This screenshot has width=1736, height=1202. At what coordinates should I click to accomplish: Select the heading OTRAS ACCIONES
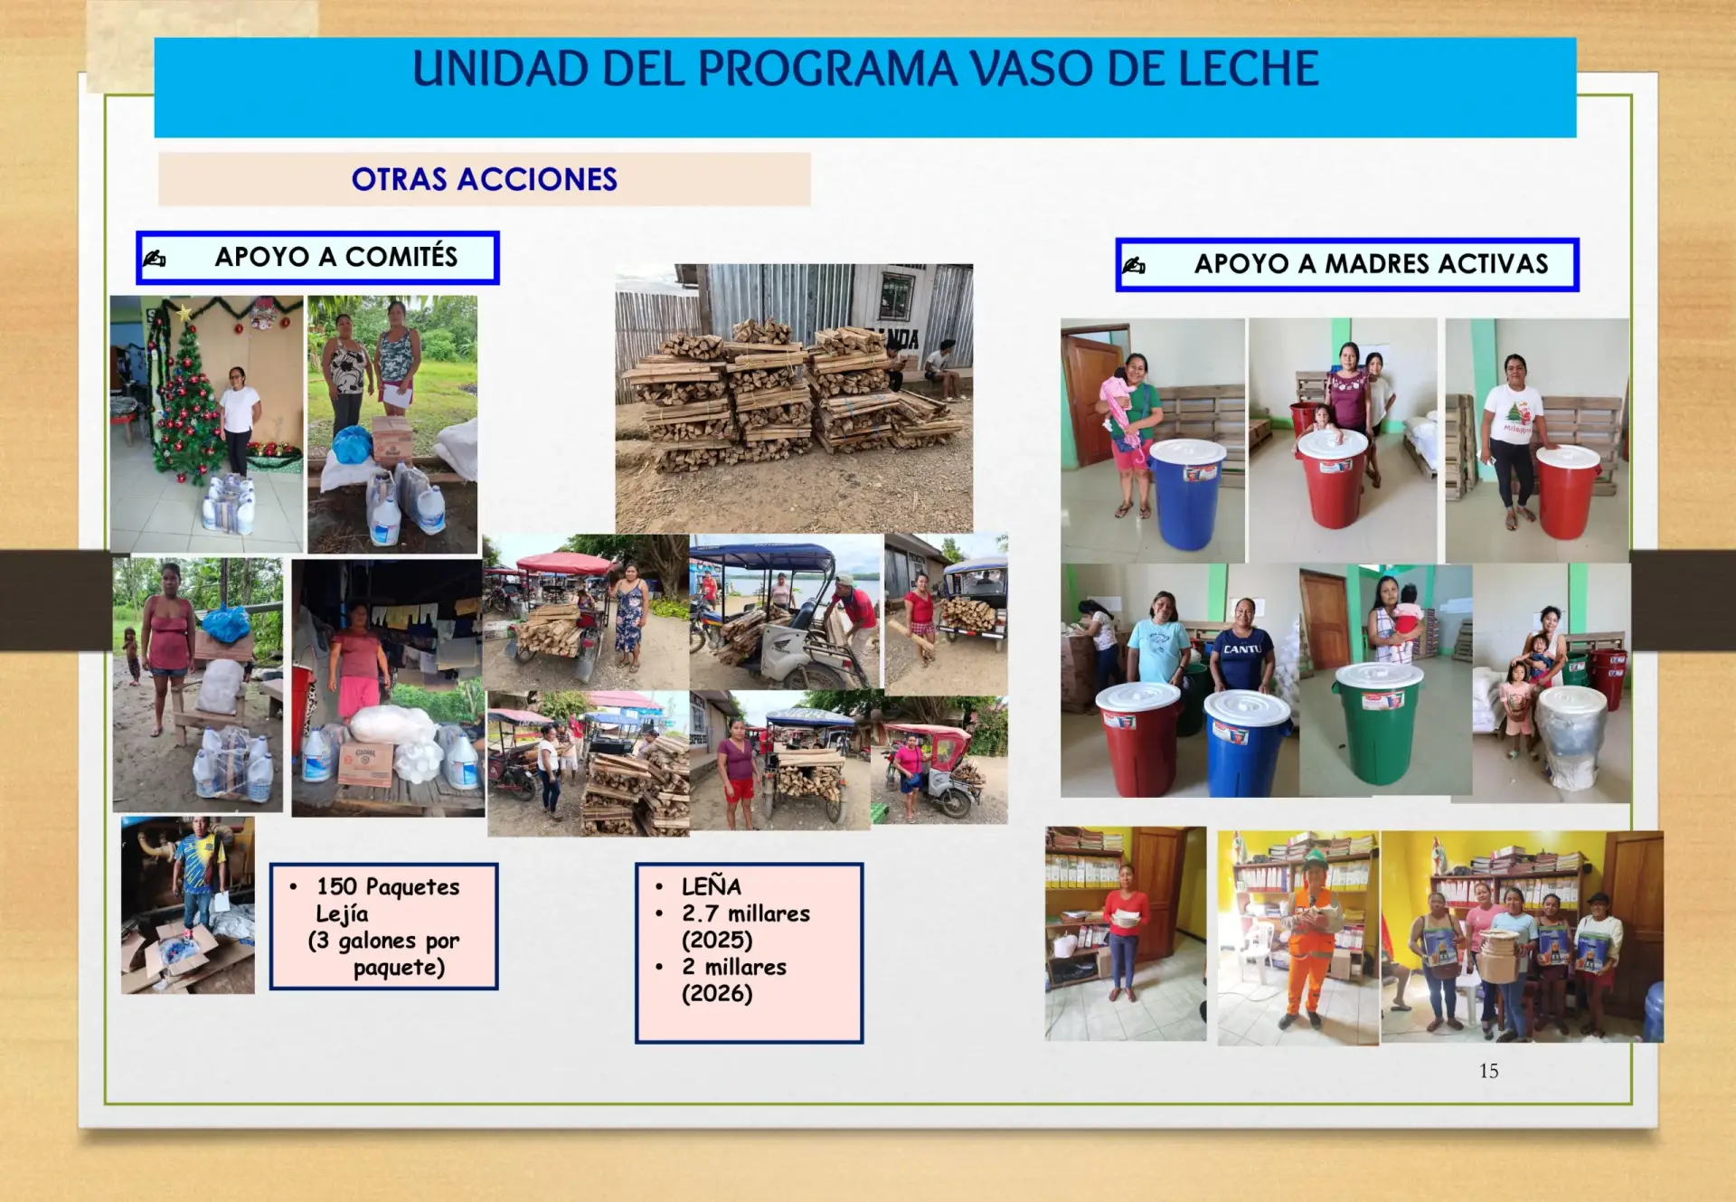tap(485, 179)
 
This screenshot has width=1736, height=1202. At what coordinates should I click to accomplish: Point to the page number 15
tap(1488, 1071)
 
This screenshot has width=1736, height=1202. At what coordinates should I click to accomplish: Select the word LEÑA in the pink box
tap(712, 886)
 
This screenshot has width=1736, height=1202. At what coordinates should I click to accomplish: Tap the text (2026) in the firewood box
tap(717, 994)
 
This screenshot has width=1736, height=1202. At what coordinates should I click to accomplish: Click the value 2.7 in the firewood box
tap(700, 913)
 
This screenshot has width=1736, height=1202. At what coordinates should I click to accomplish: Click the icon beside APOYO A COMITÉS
tap(155, 259)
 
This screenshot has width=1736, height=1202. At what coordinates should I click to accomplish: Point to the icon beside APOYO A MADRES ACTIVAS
tap(1134, 265)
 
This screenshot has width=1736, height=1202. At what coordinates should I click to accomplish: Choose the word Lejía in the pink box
tap(342, 914)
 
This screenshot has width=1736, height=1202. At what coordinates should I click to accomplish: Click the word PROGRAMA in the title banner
tap(827, 69)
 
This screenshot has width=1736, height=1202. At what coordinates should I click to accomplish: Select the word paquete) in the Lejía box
tap(399, 969)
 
